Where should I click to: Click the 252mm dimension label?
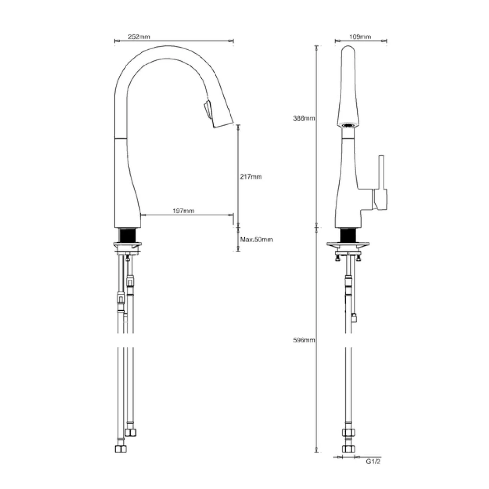coord(139,37)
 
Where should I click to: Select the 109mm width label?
coord(360,37)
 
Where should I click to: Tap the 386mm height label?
coord(304,118)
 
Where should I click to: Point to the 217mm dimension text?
coord(251,177)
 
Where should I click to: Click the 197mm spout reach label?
coord(183,211)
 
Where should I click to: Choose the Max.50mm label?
coord(256,240)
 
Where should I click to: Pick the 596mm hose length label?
coord(304,340)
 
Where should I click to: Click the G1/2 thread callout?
coord(373,461)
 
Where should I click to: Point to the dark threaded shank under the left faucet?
coord(127,235)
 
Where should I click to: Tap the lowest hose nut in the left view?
coord(121,449)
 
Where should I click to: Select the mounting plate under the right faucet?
coord(348,244)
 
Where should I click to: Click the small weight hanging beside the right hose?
coord(354,318)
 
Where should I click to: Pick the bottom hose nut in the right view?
coord(348,449)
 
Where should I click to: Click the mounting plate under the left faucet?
coord(127,244)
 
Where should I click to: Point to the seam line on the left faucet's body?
coord(121,139)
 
